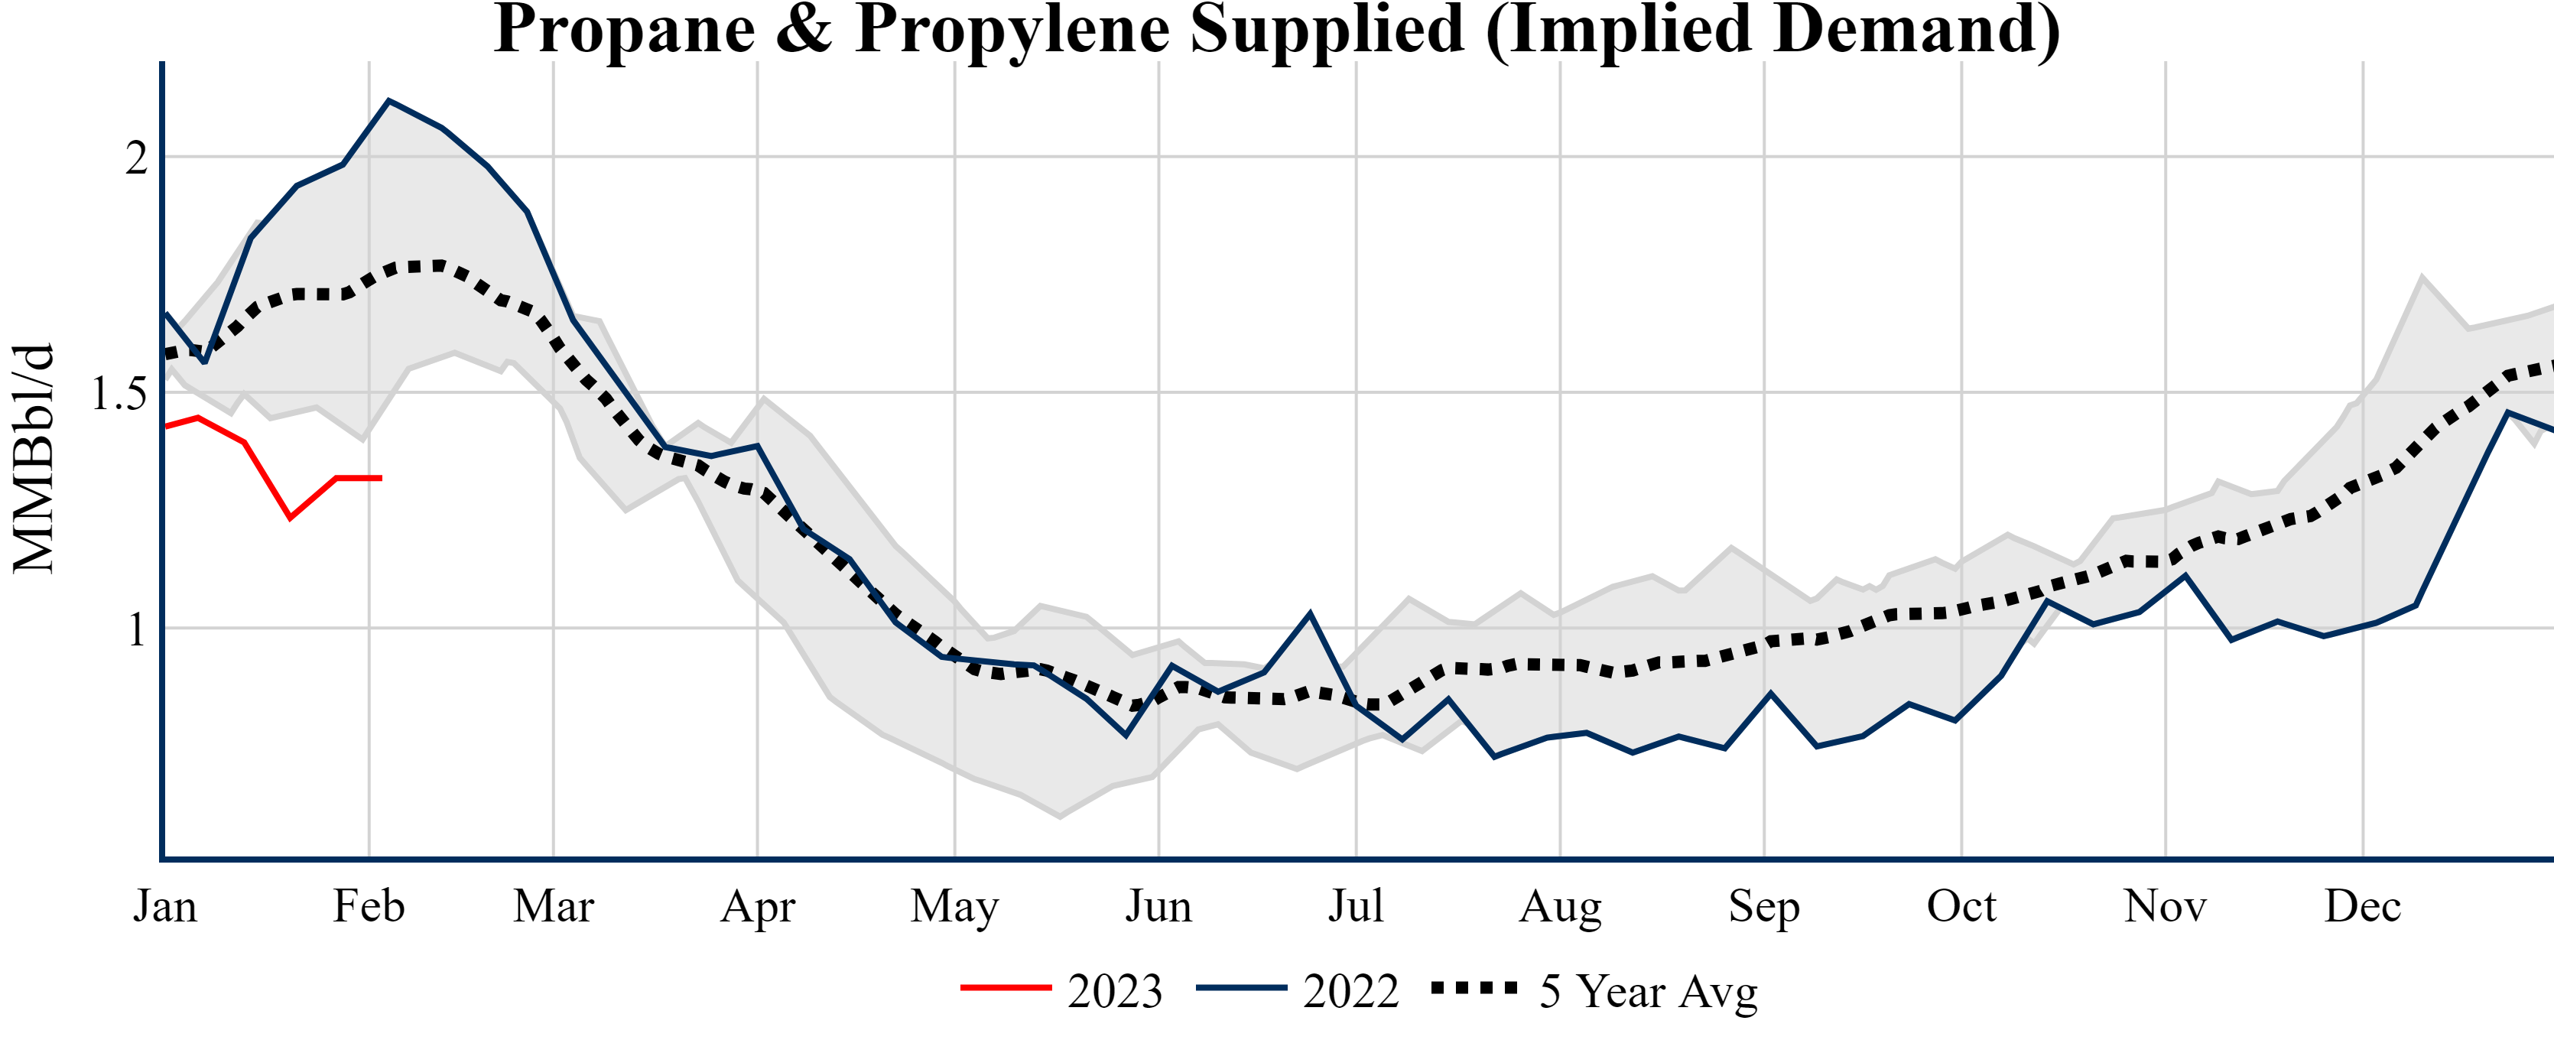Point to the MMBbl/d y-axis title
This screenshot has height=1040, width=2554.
(33, 459)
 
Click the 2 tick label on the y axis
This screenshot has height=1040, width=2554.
(136, 158)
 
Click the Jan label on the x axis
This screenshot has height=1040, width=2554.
(164, 906)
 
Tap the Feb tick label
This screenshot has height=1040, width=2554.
(369, 906)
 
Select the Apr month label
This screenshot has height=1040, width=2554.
(758, 906)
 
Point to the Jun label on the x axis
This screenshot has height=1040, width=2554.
(1158, 906)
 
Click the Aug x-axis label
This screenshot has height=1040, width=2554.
(1560, 906)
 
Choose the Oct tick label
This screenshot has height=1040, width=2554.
(1961, 906)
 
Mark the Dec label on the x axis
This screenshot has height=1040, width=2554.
(2363, 906)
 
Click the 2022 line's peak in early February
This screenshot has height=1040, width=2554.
(388, 100)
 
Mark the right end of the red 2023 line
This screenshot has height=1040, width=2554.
(381, 478)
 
